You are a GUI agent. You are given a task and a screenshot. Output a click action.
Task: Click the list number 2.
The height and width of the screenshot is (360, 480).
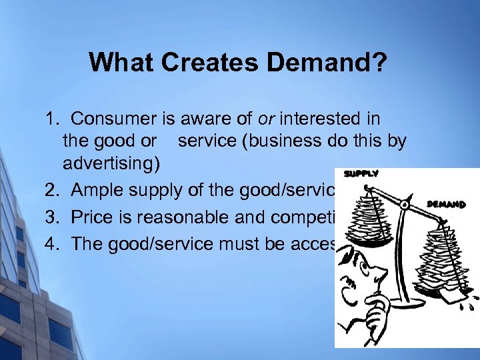[x=52, y=191]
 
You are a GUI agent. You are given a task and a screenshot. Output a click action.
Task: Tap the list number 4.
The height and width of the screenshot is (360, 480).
[x=52, y=244]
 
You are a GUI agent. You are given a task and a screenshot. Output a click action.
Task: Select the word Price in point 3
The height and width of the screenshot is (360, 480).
[x=93, y=217]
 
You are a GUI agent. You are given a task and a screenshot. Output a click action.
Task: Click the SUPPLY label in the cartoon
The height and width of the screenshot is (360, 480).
[x=361, y=174]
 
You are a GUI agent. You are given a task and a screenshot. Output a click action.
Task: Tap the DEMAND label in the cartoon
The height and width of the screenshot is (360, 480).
[x=445, y=205]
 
